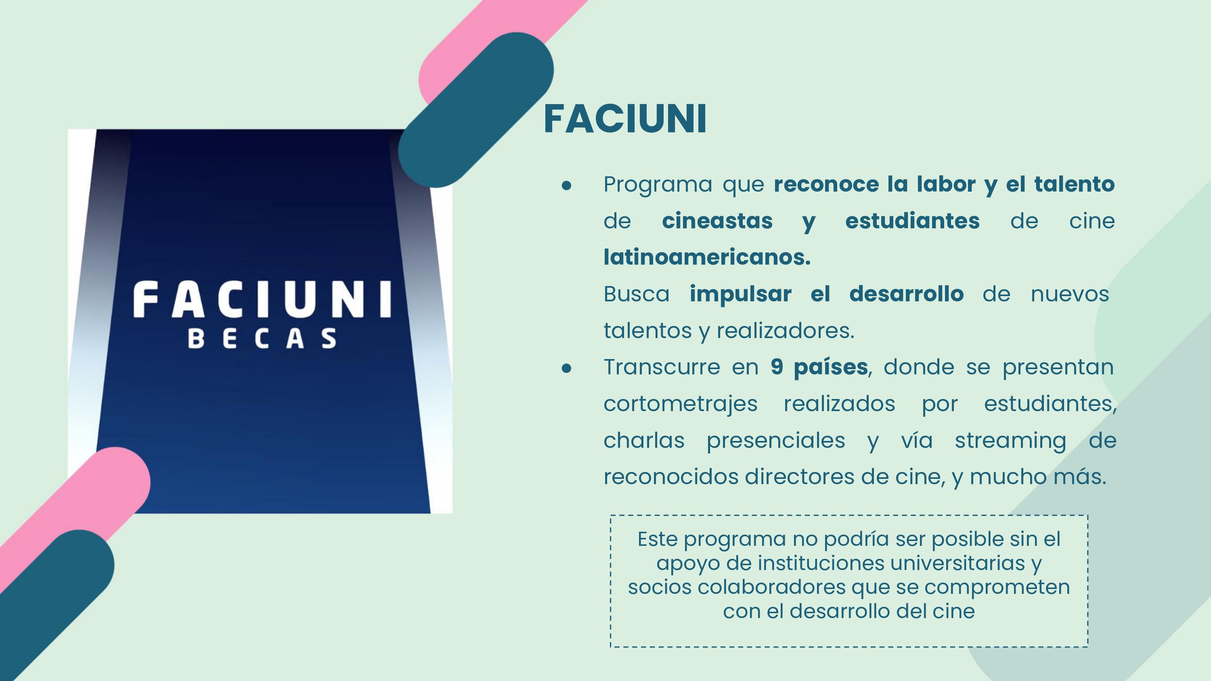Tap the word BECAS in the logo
(262, 338)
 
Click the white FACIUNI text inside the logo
(262, 299)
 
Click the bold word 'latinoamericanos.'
(707, 257)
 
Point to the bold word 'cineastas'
(717, 220)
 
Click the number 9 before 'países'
(777, 367)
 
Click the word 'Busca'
(637, 294)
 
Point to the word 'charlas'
(644, 441)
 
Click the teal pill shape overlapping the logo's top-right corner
(476, 110)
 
